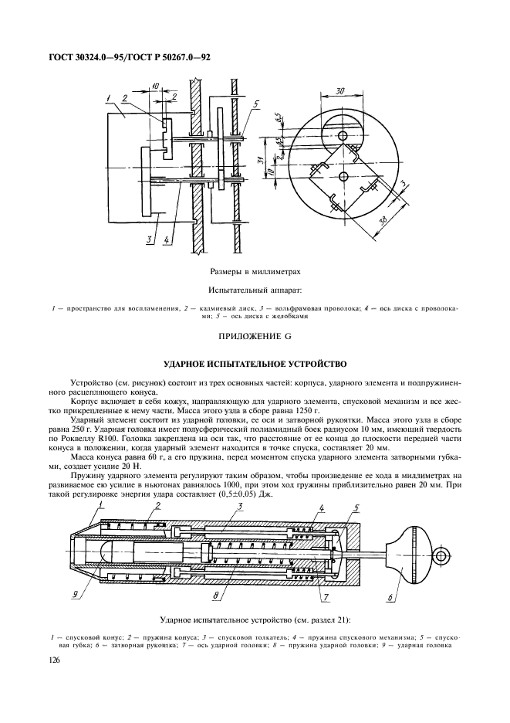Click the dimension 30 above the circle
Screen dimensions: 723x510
(x=339, y=90)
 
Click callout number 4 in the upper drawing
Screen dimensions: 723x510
(x=167, y=239)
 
